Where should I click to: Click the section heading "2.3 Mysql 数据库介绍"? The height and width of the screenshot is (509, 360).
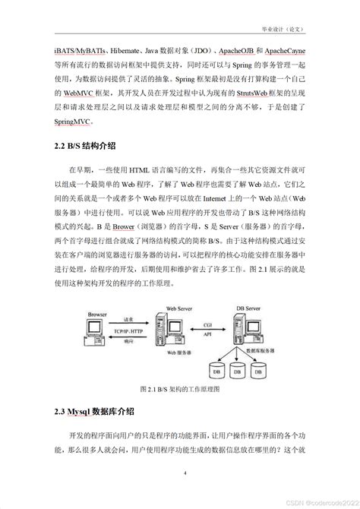coord(95,411)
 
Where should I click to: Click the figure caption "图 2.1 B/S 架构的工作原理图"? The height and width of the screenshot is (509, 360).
coord(180,389)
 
